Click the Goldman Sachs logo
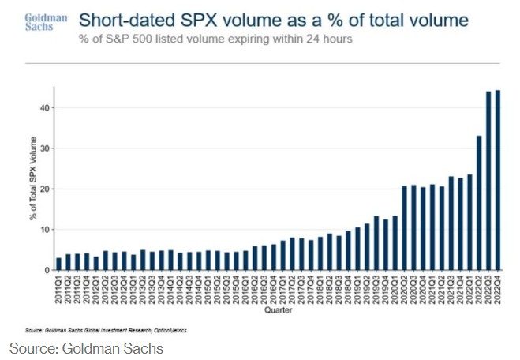pos(40,23)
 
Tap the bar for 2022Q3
pos(488,181)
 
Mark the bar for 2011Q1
pos(58,264)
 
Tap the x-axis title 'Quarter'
pos(279,310)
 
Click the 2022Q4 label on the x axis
pos(498,290)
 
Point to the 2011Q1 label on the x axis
pos(58,290)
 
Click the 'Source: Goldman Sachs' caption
pos(86,347)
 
